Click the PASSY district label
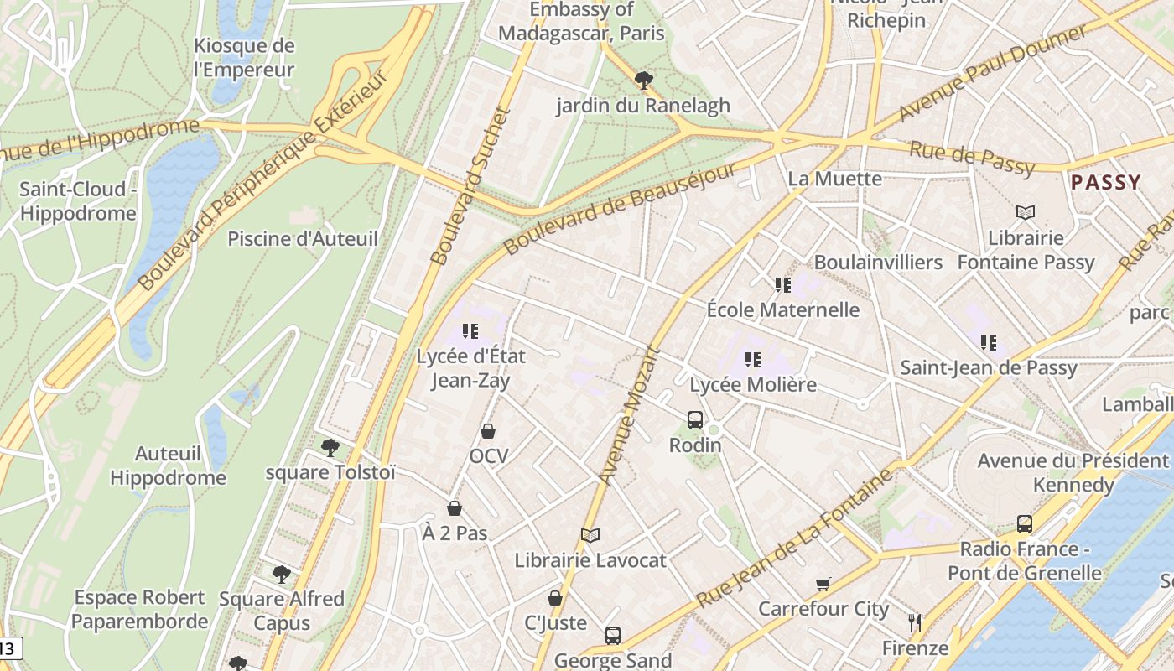pyautogui.click(x=1106, y=182)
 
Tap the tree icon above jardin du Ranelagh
pyautogui.click(x=643, y=81)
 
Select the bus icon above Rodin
pyautogui.click(x=694, y=420)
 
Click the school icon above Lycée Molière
pyautogui.click(x=753, y=360)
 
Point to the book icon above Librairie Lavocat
pyautogui.click(x=590, y=535)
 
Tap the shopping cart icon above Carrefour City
pyautogui.click(x=823, y=584)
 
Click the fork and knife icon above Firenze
pyautogui.click(x=915, y=623)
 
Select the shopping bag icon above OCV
pyautogui.click(x=488, y=431)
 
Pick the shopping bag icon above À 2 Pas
pyautogui.click(x=455, y=508)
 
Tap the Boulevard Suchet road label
pyautogui.click(x=470, y=186)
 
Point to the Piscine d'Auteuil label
pyautogui.click(x=303, y=239)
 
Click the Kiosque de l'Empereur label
pyautogui.click(x=244, y=58)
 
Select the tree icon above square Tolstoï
pyautogui.click(x=330, y=447)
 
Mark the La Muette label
pyautogui.click(x=834, y=179)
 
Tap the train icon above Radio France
pyautogui.click(x=1024, y=524)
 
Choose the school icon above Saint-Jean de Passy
pyautogui.click(x=989, y=342)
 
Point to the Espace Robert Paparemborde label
pyautogui.click(x=140, y=610)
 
